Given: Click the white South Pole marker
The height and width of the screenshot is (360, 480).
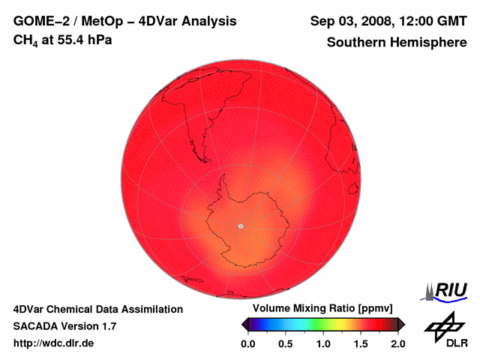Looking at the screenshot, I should (x=240, y=225).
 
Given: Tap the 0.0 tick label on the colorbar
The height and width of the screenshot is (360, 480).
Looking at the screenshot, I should (x=248, y=343).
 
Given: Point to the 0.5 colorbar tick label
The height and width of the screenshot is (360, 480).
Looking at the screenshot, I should (x=286, y=343).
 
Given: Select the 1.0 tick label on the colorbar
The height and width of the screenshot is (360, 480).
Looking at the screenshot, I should (x=323, y=343).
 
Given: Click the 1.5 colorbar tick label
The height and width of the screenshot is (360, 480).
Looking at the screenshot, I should (x=361, y=343).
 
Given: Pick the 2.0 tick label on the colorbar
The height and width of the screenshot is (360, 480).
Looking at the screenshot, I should (x=397, y=343).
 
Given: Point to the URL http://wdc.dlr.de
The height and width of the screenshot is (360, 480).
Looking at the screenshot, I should (x=54, y=343).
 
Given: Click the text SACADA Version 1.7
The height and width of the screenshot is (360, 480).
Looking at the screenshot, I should (x=64, y=326).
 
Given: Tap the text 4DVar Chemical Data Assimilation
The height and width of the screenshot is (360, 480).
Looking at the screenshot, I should (x=97, y=309).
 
